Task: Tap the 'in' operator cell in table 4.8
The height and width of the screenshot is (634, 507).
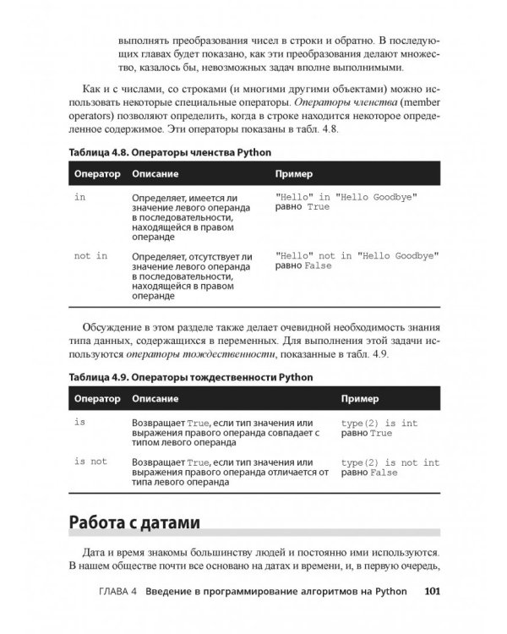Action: (80, 196)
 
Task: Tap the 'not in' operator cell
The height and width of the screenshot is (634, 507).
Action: (90, 255)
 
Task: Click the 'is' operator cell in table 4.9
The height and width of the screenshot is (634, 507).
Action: (80, 420)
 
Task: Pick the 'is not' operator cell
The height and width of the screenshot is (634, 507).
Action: (90, 462)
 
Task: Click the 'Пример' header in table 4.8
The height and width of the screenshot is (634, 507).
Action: (294, 173)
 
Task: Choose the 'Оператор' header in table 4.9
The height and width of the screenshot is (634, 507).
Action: (96, 397)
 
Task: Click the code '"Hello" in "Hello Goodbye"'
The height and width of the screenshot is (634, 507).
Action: (346, 196)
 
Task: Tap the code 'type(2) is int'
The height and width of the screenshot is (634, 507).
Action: (379, 421)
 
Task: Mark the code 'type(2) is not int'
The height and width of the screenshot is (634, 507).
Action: (390, 462)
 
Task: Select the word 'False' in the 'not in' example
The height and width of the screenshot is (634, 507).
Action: (318, 265)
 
